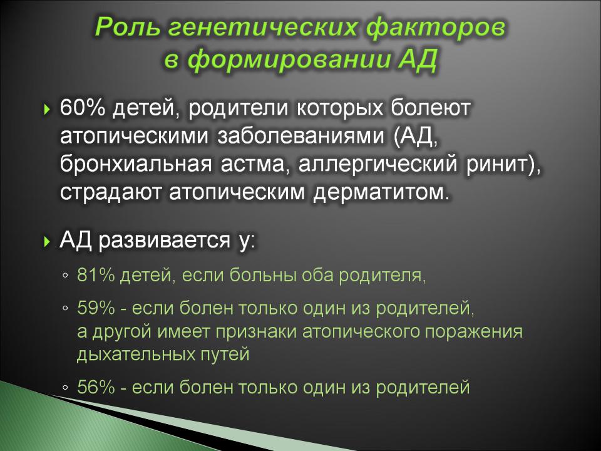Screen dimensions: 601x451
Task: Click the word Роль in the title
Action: point(127,27)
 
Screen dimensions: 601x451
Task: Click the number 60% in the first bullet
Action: point(83,108)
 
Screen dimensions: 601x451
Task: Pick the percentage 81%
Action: point(96,275)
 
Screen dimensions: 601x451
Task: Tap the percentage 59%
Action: point(96,308)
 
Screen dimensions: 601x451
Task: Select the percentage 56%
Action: point(96,387)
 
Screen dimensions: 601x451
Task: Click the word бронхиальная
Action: point(136,165)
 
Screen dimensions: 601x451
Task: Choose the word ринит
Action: point(498,165)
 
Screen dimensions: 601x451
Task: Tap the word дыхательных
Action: point(136,354)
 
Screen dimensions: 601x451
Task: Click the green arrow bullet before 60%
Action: point(47,109)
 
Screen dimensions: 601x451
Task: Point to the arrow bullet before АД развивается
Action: point(47,242)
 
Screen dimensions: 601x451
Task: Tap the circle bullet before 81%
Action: point(65,276)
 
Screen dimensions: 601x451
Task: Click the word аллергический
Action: point(378,165)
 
